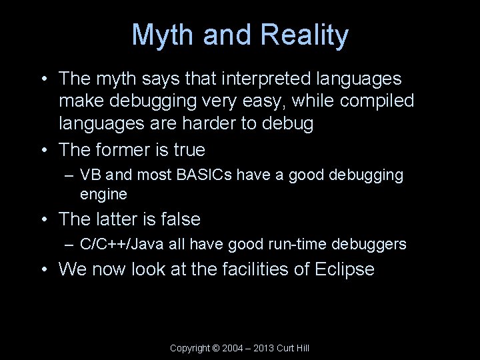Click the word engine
pyautogui.click(x=103, y=194)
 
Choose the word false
pyautogui.click(x=180, y=219)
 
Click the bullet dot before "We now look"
pyautogui.click(x=43, y=269)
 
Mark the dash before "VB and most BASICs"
pyautogui.click(x=70, y=175)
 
